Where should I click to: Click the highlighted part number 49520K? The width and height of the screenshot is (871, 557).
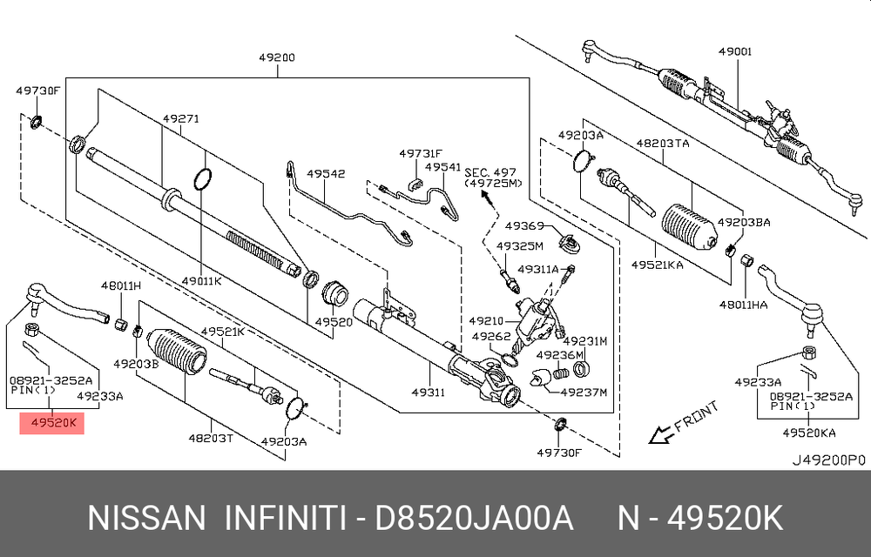[52, 424]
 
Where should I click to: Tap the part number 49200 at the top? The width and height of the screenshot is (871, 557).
[276, 58]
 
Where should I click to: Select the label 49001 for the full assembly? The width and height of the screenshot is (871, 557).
[735, 52]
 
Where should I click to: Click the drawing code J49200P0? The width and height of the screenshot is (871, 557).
[828, 458]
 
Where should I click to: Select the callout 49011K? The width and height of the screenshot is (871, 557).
[202, 280]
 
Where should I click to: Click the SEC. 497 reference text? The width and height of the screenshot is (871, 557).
[492, 173]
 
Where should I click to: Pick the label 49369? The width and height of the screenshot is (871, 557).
[523, 225]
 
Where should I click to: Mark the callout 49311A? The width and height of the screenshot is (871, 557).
[538, 269]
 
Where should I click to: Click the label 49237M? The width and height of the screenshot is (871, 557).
[584, 392]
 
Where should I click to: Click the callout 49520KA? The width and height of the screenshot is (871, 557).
[807, 432]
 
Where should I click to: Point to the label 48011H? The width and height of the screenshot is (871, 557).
[120, 285]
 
